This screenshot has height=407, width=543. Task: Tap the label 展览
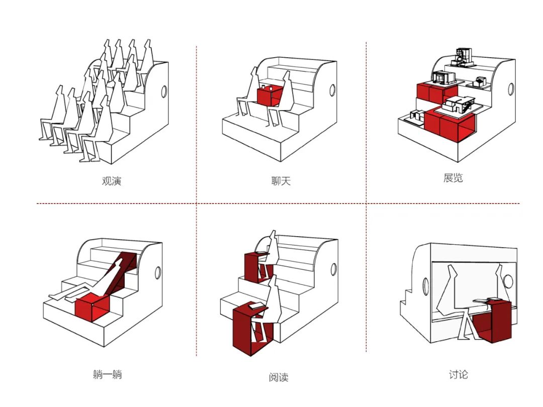(x=453, y=178)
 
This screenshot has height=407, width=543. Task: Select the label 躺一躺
(x=107, y=374)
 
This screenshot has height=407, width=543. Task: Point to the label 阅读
(x=279, y=377)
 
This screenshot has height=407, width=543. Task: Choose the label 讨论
(x=458, y=374)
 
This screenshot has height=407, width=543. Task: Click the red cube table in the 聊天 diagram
(x=268, y=96)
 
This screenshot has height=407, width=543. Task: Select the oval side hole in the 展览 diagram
(x=511, y=89)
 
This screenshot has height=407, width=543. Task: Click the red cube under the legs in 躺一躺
(x=92, y=309)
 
